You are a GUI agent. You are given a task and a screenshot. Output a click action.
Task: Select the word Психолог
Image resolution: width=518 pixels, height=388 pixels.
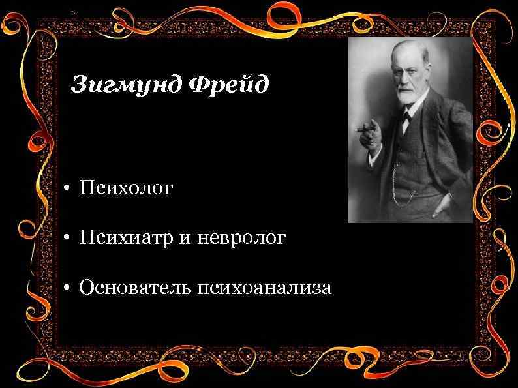[127, 189]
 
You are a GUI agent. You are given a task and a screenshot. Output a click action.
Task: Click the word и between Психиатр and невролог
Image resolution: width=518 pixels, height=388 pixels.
[179, 239]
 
